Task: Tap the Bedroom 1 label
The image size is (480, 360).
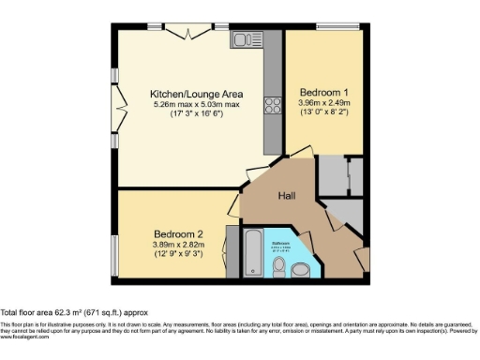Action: click(322, 92)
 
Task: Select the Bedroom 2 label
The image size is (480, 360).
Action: click(178, 233)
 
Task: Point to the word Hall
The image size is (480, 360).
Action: click(287, 197)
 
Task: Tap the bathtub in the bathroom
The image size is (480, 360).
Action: click(253, 249)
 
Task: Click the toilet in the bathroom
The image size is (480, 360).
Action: click(278, 267)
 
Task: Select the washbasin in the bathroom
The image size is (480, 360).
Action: click(300, 270)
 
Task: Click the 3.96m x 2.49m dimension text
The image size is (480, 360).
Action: click(323, 102)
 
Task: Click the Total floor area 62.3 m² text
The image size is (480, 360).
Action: click(73, 311)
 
